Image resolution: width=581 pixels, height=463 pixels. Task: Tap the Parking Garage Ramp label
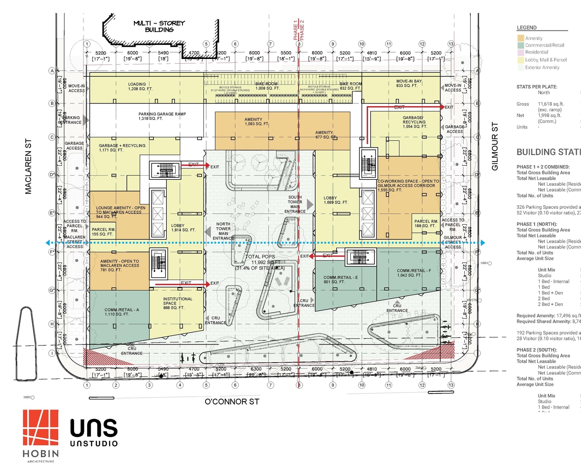pos(162,116)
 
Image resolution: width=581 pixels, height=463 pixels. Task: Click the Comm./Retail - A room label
pos(122,312)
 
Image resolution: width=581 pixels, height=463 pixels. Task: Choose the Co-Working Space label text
pos(408,185)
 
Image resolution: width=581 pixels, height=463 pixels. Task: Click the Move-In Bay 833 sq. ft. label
pos(409,83)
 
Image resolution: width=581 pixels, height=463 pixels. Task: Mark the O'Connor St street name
pos(231,402)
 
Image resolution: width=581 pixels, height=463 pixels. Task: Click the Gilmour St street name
pos(495,146)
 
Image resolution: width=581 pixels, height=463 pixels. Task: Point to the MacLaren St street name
pos(29,166)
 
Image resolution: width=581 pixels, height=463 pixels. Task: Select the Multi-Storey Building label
pos(159,26)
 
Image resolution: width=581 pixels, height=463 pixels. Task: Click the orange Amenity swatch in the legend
pos(521,39)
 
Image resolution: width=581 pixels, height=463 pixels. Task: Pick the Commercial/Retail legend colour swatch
pos(521,45)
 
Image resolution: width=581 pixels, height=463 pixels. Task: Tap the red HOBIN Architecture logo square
pos(41,427)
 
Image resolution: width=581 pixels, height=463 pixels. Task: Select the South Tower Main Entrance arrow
pos(310,204)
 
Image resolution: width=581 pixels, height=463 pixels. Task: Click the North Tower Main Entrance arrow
pos(208,232)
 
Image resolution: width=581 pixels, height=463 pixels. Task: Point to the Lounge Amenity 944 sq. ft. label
pos(120,212)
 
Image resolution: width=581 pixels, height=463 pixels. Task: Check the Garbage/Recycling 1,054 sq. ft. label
pos(414,122)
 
